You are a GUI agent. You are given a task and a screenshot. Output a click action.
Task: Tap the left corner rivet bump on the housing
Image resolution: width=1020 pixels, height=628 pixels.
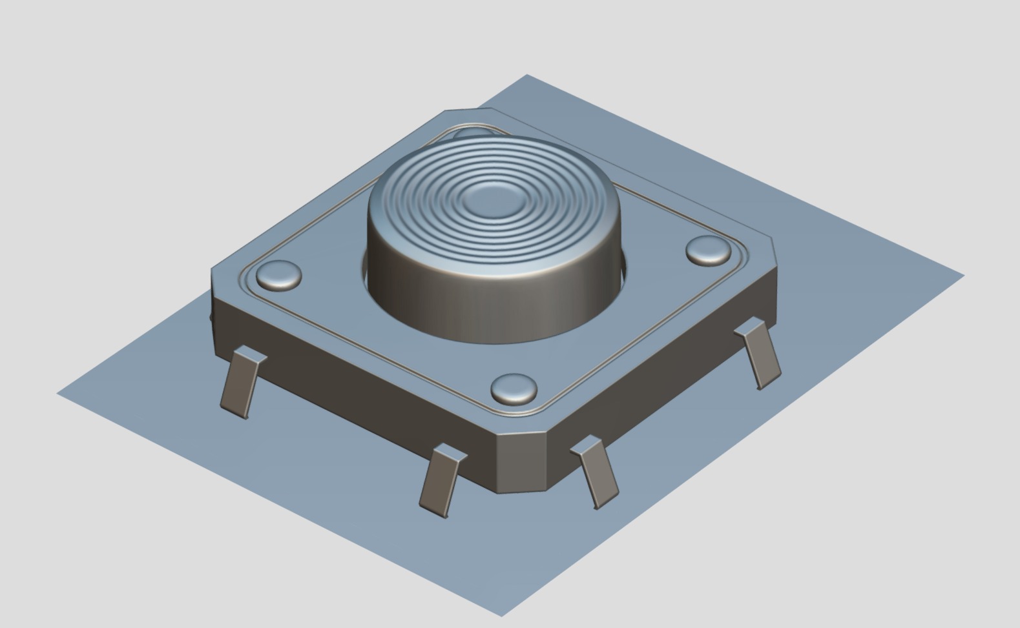[279, 275]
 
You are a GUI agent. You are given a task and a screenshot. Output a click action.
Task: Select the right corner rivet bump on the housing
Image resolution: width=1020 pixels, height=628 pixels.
[709, 250]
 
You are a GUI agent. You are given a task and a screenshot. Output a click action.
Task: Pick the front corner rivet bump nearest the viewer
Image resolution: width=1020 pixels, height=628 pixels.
[514, 389]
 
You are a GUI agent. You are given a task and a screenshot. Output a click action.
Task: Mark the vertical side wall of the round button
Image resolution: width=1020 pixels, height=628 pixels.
[491, 303]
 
